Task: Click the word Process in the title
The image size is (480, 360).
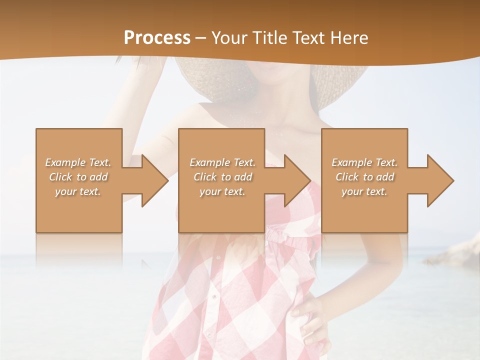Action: pos(157,37)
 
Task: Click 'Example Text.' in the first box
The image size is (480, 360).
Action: pos(78,162)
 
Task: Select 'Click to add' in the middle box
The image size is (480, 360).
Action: pos(223,177)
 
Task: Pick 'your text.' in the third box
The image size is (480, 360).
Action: pos(364,191)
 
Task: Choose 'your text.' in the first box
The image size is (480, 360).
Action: pos(78,191)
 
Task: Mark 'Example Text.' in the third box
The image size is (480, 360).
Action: pos(364,162)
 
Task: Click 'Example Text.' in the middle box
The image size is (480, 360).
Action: pos(223,162)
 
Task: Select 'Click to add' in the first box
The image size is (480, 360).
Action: pos(78,177)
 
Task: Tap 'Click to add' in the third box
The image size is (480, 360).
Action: pos(364,177)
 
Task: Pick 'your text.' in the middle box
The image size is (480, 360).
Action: pos(223,191)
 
